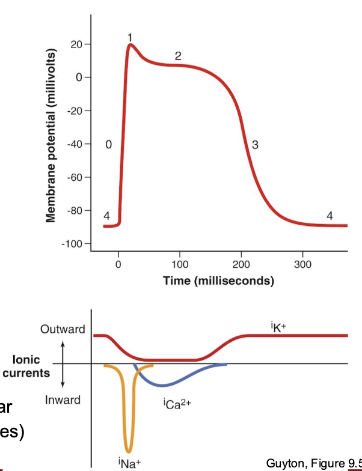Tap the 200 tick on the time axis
tap(241, 264)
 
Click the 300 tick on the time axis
tap(302, 264)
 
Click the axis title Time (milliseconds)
tap(218, 281)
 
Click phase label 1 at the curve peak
tap(130, 37)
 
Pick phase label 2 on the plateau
tap(178, 56)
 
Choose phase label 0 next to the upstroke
tap(108, 145)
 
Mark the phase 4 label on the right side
tap(329, 216)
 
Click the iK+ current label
tap(278, 327)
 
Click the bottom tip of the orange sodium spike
tap(128, 451)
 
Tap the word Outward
tap(63, 329)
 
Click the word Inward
tap(63, 400)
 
